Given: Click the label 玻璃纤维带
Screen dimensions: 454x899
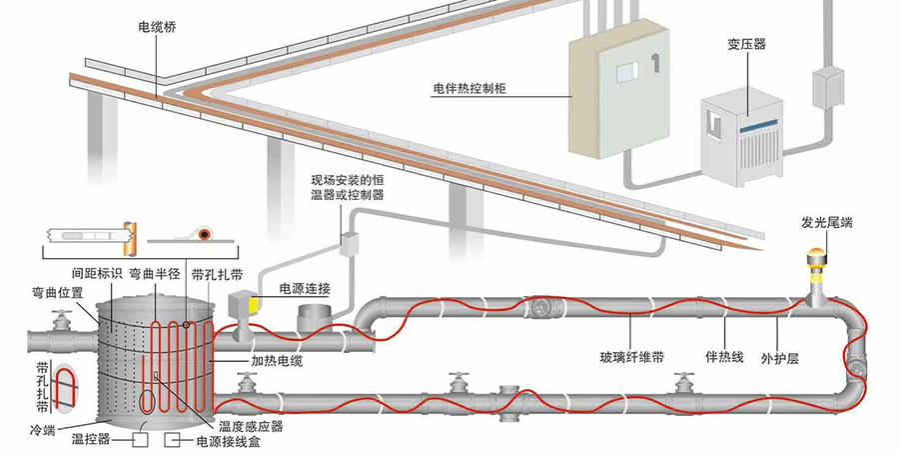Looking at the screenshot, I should [632, 355].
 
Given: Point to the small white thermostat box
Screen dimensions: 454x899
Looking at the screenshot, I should [351, 243].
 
